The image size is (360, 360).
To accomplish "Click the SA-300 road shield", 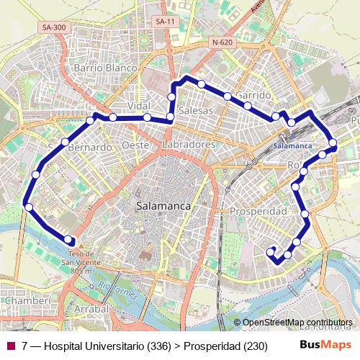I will [x=54, y=27].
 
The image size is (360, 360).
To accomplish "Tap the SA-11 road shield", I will [x=165, y=22].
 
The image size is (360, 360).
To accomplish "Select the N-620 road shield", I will [x=222, y=42].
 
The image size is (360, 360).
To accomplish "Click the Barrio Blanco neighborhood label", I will [x=105, y=68].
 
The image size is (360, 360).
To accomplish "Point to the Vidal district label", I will [x=138, y=106].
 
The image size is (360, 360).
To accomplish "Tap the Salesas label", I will [x=196, y=111].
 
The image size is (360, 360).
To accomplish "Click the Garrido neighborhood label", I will [x=253, y=95].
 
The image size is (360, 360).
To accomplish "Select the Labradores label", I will [x=189, y=145].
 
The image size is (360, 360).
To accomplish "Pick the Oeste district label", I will [x=135, y=145].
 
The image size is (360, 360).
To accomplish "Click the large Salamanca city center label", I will [x=163, y=206].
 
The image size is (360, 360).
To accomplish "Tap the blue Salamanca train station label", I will [x=293, y=145].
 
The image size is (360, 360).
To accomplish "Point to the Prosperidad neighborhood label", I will [x=258, y=212].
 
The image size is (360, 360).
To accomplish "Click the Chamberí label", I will [x=26, y=300].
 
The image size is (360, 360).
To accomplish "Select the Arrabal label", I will [x=91, y=308].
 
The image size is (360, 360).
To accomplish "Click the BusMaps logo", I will [x=325, y=346].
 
